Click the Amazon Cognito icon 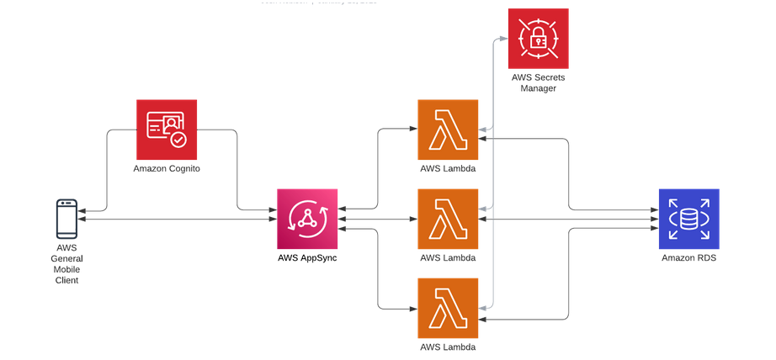click(167, 130)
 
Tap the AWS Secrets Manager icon click(538, 39)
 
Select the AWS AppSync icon click(307, 219)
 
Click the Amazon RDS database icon click(688, 219)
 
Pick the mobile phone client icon click(66, 219)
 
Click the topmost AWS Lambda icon click(448, 130)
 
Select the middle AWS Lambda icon click(448, 219)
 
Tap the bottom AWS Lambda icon click(448, 308)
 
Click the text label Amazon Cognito click(167, 169)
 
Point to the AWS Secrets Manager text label click(538, 82)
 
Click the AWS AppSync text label click(307, 257)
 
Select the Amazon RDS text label click(688, 257)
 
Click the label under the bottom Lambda click(448, 347)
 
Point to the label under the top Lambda click(448, 169)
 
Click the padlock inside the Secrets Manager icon click(538, 39)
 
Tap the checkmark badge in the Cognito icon click(178, 140)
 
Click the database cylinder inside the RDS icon click(688, 219)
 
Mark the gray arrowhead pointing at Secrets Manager click(502, 39)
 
